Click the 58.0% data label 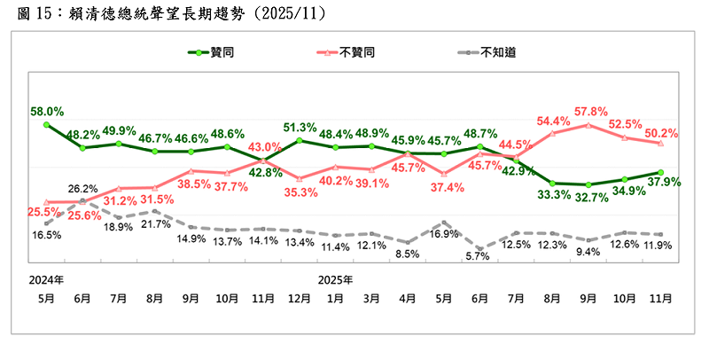point(46,112)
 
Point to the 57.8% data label point(590,112)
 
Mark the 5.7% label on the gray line point(479,256)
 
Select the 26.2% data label point(82,188)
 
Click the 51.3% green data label point(300,127)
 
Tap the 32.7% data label point(590,197)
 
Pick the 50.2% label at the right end point(662,133)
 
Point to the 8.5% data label point(407,254)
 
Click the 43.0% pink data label point(264,147)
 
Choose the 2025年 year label point(336,279)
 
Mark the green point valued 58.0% point(46,125)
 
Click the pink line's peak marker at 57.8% point(589,125)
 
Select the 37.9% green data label point(662,184)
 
